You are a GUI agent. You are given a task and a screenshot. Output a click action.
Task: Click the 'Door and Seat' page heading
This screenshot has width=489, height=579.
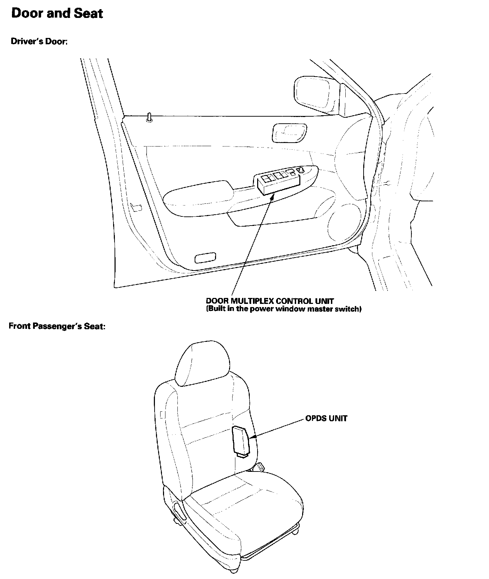tap(57, 14)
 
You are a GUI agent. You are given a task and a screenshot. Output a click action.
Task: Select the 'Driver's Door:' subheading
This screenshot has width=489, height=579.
tap(39, 41)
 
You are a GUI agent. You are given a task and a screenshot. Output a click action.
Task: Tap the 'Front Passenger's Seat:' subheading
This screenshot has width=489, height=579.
tap(57, 326)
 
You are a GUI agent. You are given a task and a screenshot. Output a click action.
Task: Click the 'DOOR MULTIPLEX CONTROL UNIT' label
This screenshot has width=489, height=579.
tap(270, 301)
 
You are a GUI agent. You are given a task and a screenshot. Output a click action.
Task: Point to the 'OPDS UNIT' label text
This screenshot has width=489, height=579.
tap(326, 418)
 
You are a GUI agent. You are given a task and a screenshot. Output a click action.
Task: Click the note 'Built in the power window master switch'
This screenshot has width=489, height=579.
tap(283, 309)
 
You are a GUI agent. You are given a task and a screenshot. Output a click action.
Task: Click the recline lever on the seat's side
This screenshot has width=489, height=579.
tap(178, 509)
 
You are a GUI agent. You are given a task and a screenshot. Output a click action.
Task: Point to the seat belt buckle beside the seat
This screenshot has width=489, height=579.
tap(260, 467)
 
